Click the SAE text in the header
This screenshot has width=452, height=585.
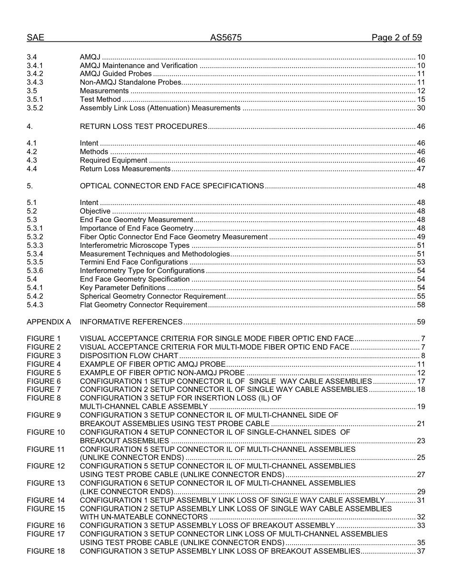coord(35,38)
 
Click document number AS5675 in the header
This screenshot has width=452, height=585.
coord(226,38)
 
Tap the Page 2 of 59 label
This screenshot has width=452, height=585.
coord(396,38)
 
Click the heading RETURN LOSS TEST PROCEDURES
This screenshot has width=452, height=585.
coord(143,127)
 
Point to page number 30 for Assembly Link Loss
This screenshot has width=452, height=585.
coord(421,108)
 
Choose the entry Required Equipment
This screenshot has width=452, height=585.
coord(113,160)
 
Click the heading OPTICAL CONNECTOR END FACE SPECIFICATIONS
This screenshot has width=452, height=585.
coord(172,186)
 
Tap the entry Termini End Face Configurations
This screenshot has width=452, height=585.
coord(134,262)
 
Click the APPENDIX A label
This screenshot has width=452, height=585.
coord(49,322)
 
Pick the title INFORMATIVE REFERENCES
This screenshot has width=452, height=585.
coord(131,322)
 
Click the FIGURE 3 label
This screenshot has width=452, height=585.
coord(44,356)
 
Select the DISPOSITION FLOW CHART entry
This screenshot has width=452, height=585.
coord(129,356)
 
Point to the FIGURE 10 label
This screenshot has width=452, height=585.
coord(46,432)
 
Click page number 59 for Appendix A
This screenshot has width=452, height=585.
coord(421,322)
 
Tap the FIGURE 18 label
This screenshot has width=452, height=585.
coord(46,551)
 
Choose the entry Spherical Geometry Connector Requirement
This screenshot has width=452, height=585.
coord(152,296)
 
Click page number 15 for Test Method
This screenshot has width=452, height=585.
coord(421,99)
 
